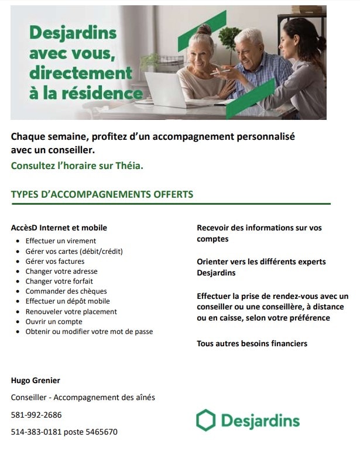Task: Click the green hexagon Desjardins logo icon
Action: (x=205, y=420)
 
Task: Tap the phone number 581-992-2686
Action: (x=36, y=415)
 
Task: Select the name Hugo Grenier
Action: (x=36, y=381)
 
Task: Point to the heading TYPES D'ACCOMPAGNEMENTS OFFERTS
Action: (x=102, y=194)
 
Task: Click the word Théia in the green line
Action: (x=130, y=166)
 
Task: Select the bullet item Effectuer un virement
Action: (x=61, y=240)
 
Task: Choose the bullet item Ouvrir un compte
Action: (x=54, y=322)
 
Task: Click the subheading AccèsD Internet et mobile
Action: (x=59, y=228)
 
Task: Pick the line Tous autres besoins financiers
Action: (x=252, y=343)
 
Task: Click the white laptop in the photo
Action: (x=165, y=88)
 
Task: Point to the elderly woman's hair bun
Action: (x=204, y=30)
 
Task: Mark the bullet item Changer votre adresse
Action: (x=61, y=271)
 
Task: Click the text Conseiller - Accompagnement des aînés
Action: (x=83, y=398)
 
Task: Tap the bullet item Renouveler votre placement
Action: (x=71, y=312)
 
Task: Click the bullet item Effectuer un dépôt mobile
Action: (x=67, y=301)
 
